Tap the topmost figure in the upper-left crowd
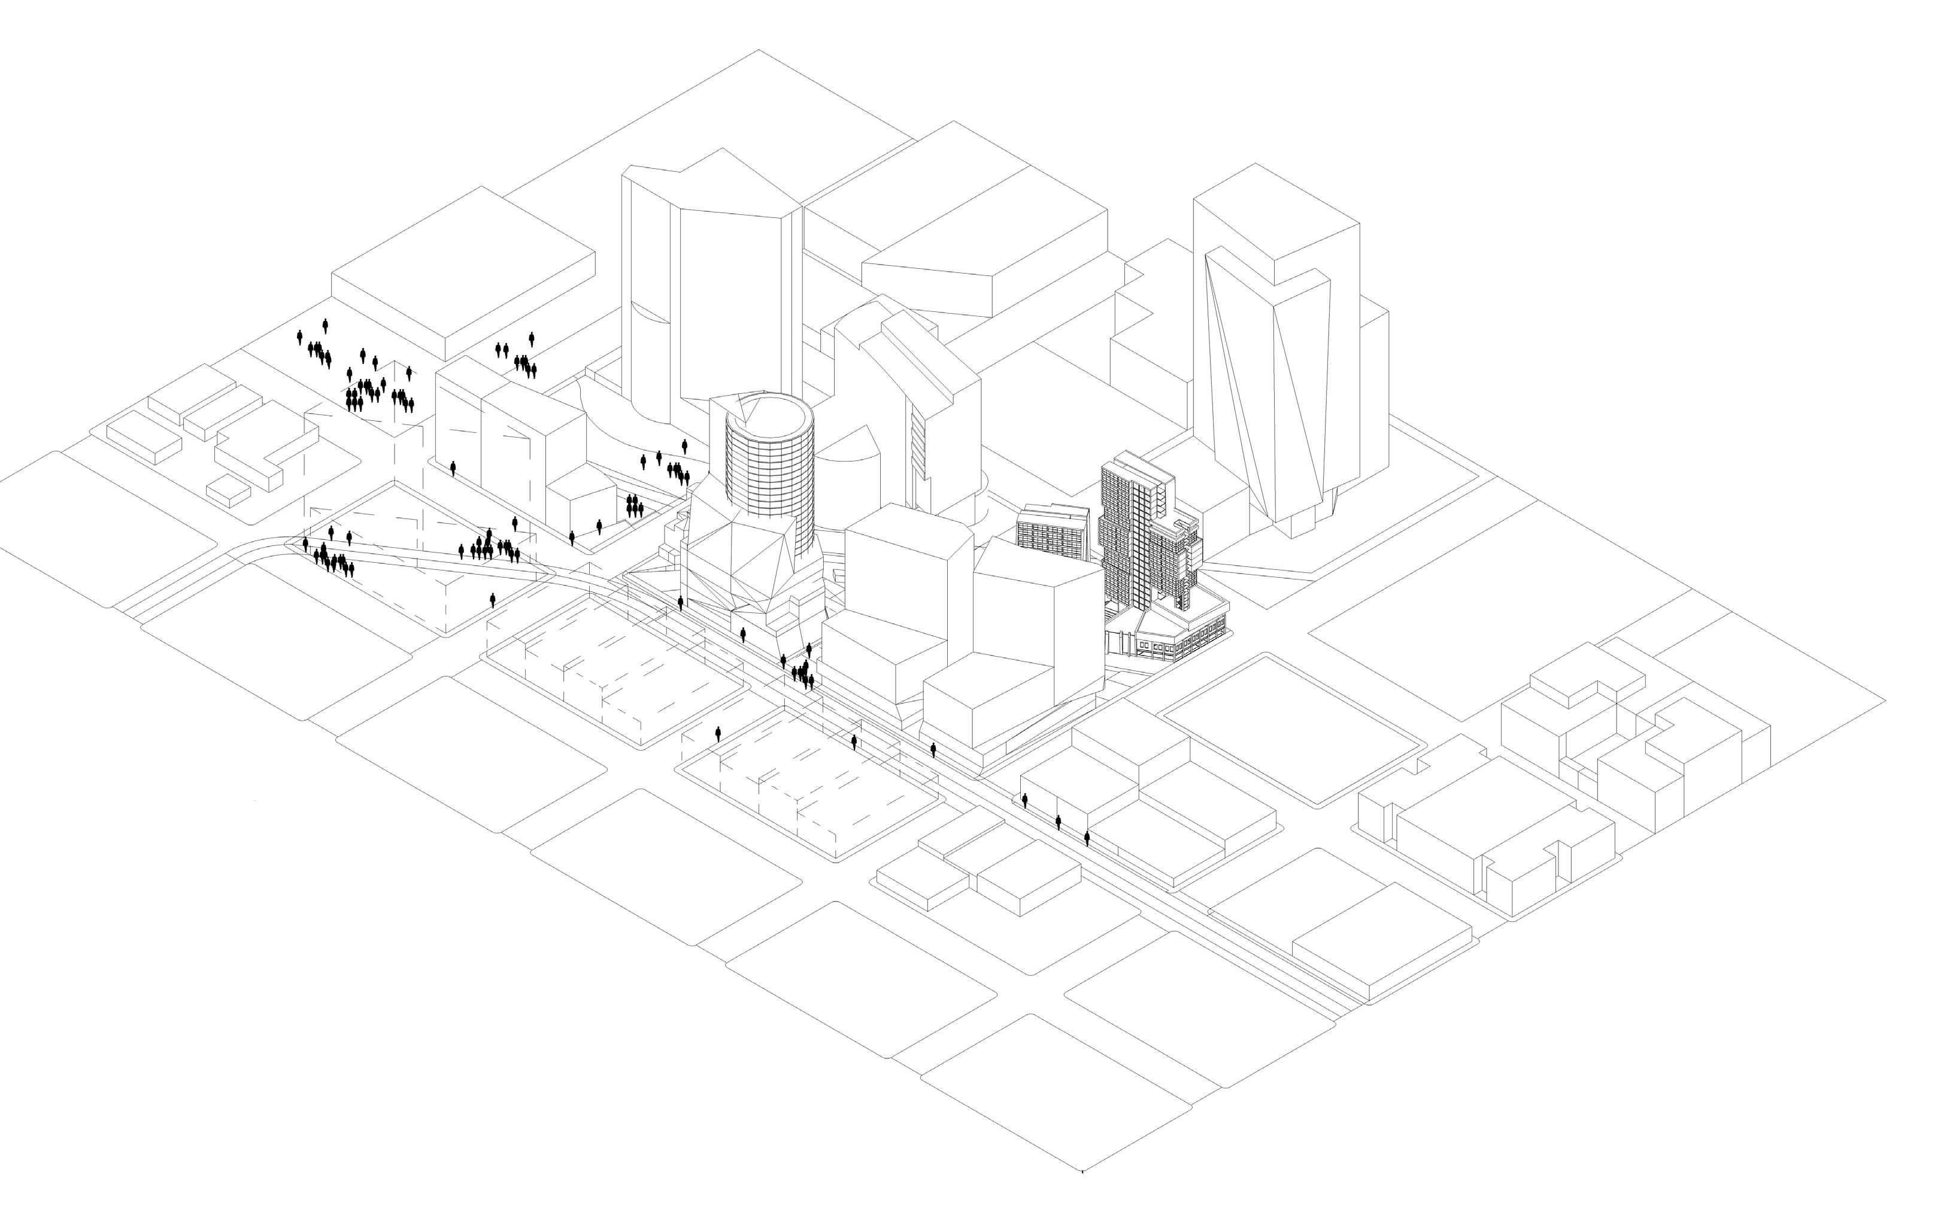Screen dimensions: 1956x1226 [325, 325]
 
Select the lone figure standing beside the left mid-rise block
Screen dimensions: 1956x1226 [453, 468]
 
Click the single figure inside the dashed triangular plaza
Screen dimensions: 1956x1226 [492, 600]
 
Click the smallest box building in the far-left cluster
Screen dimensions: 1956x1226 [229, 489]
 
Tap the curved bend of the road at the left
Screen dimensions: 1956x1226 [276, 545]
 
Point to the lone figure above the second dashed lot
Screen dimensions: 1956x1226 [718, 734]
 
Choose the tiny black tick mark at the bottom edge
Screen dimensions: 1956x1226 [1082, 1171]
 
